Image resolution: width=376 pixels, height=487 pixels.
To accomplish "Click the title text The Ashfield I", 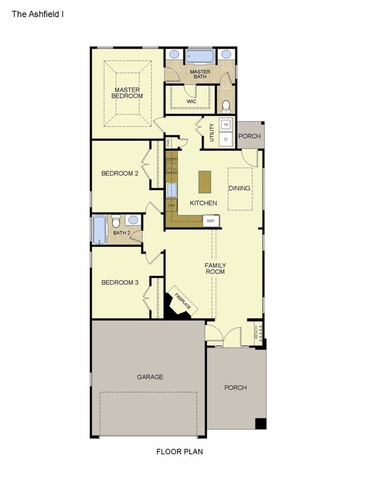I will point(38,12).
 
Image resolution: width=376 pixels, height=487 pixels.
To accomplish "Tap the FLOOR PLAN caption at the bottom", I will point(179,451).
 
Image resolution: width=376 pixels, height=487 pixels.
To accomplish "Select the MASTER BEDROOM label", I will point(127,93).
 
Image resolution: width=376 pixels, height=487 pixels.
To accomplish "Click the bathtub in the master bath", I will point(200,56).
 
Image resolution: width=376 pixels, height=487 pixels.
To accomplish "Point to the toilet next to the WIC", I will point(226,106).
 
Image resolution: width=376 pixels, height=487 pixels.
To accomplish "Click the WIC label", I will point(191,101).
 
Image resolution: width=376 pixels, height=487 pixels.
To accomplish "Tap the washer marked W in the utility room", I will point(226,125).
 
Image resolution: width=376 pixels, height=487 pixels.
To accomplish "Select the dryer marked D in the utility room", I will point(226,139).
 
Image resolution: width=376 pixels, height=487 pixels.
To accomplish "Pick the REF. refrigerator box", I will point(211,221).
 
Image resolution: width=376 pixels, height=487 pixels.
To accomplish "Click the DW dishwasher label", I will point(171,206).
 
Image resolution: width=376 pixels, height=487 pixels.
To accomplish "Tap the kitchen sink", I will point(172,189).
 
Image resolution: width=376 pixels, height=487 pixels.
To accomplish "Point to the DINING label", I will point(239,188).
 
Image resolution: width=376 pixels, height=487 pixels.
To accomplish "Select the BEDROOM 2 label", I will point(120,173).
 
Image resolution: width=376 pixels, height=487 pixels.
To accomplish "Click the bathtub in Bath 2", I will point(99,230).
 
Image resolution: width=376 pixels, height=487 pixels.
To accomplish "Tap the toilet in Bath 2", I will point(116,222).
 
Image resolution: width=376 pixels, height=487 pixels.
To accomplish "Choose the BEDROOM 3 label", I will point(120,283).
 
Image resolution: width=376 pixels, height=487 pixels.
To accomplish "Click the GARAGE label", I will point(150,377).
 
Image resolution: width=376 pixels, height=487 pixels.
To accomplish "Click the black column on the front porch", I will point(261,423).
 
